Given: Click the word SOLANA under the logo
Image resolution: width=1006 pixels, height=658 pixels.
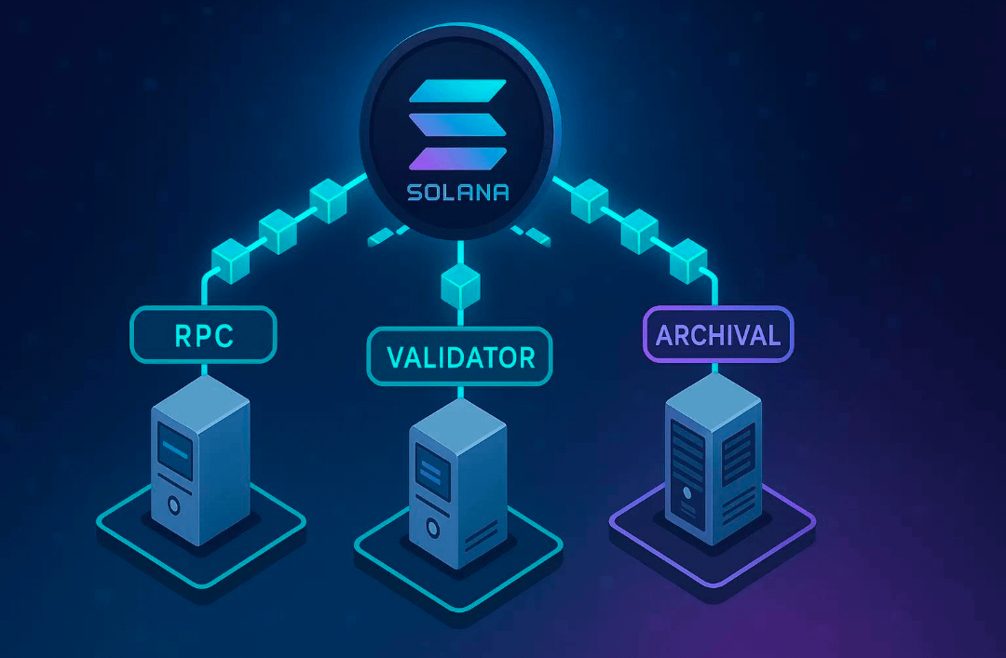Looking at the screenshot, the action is [458, 192].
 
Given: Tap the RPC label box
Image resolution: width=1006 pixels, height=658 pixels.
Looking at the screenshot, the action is [203, 335].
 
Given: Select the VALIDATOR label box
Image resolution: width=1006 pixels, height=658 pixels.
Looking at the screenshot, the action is [460, 356].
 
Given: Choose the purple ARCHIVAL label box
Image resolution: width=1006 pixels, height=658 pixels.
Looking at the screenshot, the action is [718, 335].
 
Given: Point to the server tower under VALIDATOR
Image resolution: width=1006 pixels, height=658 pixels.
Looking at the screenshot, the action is [458, 484].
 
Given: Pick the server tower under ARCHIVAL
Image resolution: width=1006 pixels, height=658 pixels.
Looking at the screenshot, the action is [714, 459].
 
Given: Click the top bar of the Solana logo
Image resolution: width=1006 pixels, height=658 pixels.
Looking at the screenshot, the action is [458, 91].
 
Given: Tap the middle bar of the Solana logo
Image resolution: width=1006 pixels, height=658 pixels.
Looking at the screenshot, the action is [458, 125].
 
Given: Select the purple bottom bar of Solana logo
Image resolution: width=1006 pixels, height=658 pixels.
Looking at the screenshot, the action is [458, 158].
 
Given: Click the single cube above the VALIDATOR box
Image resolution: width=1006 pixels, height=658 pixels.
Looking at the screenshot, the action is [461, 286].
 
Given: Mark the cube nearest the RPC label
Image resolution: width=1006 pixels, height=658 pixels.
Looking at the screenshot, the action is [230, 261].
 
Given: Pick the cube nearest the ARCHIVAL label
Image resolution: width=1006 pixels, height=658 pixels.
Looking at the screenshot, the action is [688, 261].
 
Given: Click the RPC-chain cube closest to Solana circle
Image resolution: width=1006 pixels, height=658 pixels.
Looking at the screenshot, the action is [329, 200].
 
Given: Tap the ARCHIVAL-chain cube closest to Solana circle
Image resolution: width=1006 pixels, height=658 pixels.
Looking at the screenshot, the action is [590, 200].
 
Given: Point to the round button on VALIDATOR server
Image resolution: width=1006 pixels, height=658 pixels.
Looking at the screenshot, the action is [432, 529].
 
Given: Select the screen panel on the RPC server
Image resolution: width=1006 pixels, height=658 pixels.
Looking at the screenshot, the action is [175, 450].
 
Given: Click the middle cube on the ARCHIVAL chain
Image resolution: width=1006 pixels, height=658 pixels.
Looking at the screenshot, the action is [639, 231].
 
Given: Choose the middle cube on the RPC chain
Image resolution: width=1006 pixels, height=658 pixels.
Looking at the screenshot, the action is [279, 231].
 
